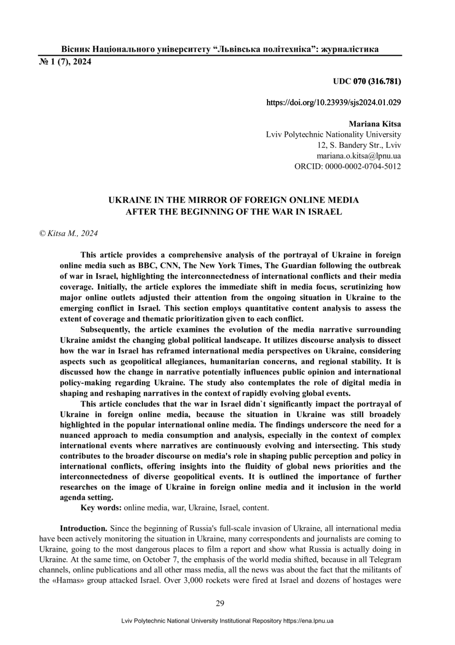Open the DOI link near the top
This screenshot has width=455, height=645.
(x=333, y=103)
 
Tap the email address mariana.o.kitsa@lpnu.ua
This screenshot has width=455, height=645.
(x=358, y=156)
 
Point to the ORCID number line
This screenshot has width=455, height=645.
(x=347, y=166)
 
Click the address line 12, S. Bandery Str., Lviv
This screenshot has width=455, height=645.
(x=358, y=145)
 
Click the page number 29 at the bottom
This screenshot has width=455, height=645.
(x=220, y=603)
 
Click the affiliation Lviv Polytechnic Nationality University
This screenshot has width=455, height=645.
(x=333, y=135)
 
